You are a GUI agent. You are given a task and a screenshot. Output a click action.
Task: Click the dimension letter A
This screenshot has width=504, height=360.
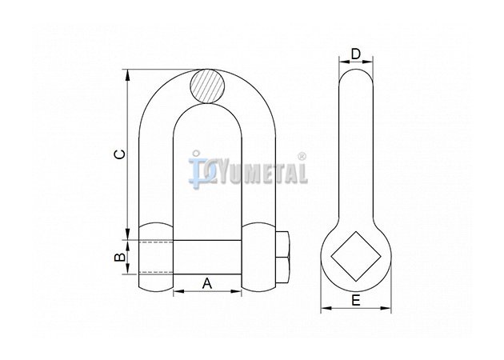coord(207,283)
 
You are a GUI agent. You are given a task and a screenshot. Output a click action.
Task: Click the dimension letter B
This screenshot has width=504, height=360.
coord(120,257)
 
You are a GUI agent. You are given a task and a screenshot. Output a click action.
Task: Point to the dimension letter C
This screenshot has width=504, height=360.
coord(120,154)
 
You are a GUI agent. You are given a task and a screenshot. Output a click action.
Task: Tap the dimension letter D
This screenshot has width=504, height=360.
coord(356,54)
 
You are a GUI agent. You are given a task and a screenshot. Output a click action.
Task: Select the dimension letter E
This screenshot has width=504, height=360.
coord(356,301)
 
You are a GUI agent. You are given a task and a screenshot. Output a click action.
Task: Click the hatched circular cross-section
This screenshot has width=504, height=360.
coord(207,86)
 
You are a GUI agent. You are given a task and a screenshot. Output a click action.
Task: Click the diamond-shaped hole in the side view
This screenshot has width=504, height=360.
coord(356,256)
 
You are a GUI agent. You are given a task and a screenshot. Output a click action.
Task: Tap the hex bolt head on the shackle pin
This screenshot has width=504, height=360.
coord(283,257)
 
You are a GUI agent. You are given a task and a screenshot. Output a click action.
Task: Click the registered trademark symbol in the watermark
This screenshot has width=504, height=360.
coord(302,157)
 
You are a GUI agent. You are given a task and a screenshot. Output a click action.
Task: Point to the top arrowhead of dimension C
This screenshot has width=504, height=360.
coord(128,74)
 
